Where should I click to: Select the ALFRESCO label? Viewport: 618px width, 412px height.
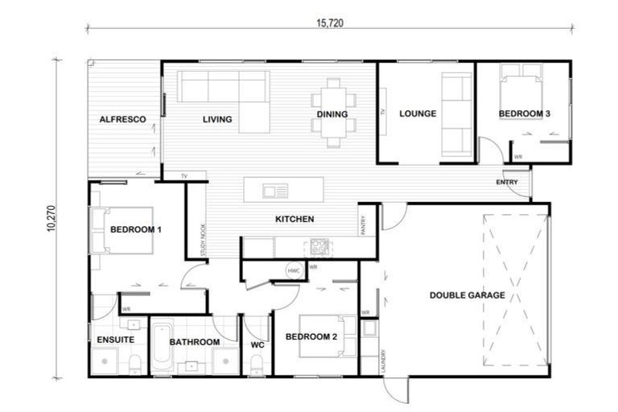point(122,119)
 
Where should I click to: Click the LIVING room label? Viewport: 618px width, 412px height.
point(216,119)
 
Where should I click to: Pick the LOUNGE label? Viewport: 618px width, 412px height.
point(418,113)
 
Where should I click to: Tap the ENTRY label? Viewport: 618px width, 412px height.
point(508,183)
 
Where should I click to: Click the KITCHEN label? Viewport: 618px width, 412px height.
point(295,219)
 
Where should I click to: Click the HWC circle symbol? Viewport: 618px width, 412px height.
point(293,270)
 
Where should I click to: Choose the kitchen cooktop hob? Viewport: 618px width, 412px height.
point(316,247)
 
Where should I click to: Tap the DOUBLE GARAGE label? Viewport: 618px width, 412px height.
point(467,295)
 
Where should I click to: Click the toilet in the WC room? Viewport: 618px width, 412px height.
point(256,366)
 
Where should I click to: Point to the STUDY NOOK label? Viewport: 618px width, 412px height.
point(204,241)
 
